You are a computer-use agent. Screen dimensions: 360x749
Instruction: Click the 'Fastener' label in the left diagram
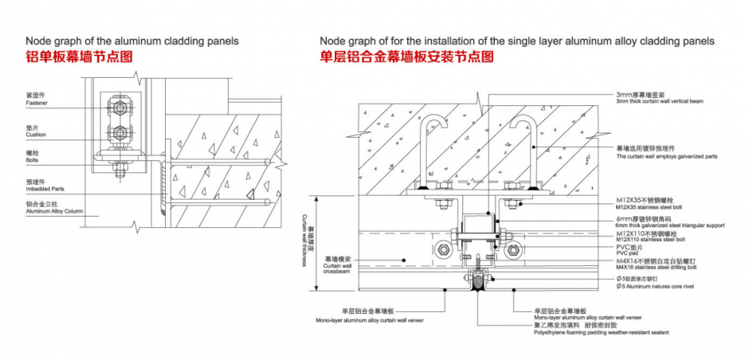point(37,103)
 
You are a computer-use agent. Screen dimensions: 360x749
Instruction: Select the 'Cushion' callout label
point(36,135)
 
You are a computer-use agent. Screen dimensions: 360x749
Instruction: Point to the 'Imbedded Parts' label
point(44,188)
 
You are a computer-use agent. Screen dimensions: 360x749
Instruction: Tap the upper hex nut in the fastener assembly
point(119,106)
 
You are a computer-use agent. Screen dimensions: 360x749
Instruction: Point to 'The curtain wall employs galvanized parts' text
point(666,156)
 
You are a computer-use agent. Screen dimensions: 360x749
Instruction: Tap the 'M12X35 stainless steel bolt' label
point(650,206)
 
